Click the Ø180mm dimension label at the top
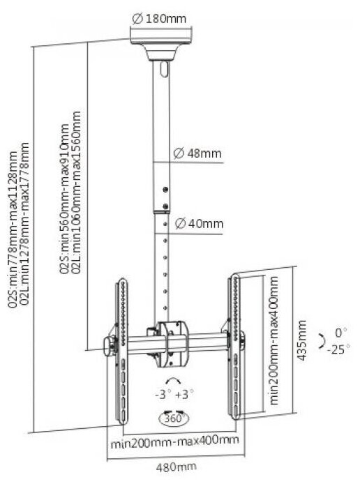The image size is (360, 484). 159,19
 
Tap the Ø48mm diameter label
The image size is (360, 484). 197,153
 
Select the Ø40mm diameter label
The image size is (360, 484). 199,223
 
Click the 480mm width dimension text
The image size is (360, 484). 176,467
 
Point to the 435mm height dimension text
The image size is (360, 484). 301,340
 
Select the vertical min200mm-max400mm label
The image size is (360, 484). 273,340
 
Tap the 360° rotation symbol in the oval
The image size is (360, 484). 174,418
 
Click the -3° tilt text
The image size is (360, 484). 163,395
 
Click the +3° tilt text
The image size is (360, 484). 184,395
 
